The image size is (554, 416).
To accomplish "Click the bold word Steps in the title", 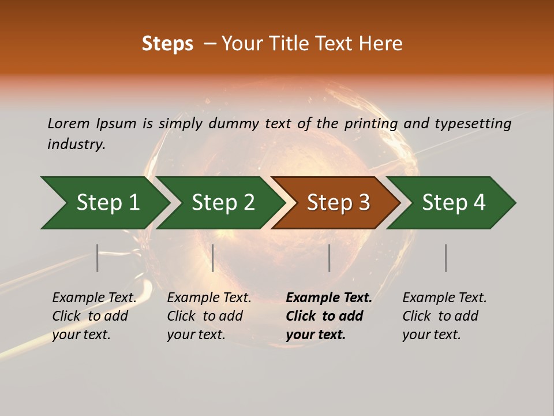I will (x=167, y=44).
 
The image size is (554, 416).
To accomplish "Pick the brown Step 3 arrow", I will (x=338, y=203).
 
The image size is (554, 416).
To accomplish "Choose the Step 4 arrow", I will (x=454, y=203).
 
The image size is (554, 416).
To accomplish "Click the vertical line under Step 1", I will (x=98, y=258).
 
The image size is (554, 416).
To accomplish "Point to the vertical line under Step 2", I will (x=213, y=258).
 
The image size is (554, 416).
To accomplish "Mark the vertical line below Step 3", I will (x=330, y=258).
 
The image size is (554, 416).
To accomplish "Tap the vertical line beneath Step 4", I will (x=446, y=258).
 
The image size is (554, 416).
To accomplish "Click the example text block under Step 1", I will (x=94, y=316).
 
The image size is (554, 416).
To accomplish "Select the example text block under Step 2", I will (x=209, y=316).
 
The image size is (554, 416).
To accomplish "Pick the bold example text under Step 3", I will (x=329, y=316).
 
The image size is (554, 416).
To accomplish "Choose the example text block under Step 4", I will (x=444, y=316).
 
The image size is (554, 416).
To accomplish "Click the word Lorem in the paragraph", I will (x=69, y=124).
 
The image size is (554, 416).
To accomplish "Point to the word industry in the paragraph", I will (x=76, y=144).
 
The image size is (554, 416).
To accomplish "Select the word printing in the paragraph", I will (x=369, y=124).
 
